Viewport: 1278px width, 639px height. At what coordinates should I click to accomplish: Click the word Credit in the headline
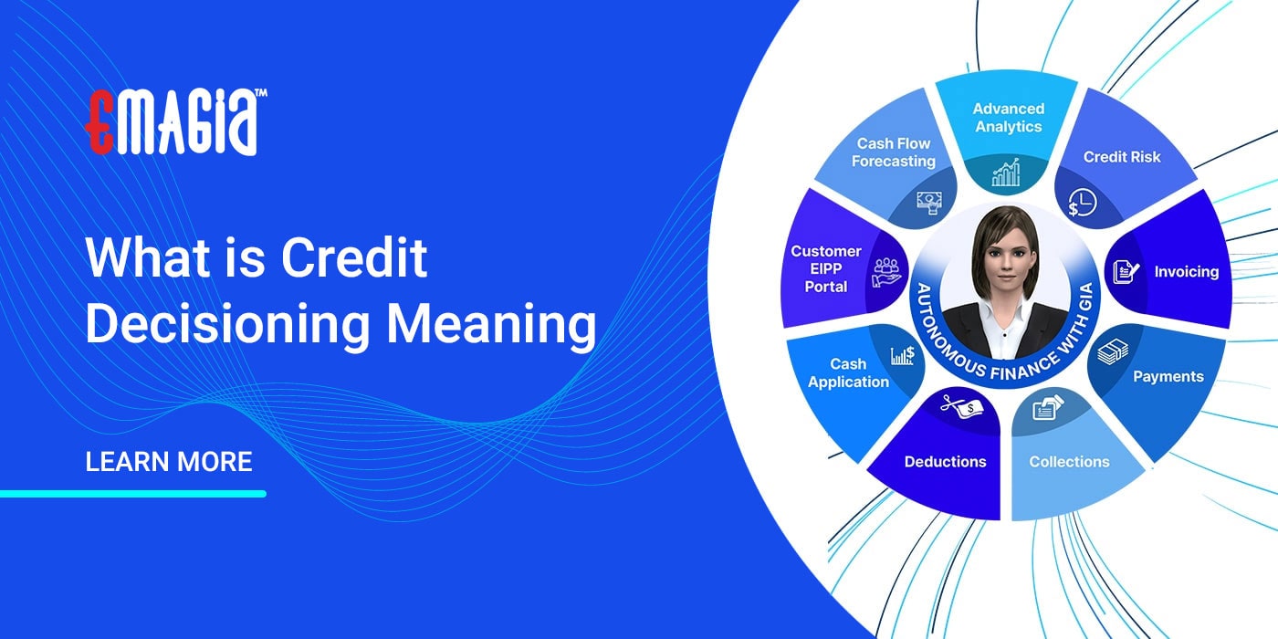point(354,258)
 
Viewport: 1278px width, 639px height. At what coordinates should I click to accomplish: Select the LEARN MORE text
point(169,462)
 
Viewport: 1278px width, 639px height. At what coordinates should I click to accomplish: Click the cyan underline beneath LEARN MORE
point(133,494)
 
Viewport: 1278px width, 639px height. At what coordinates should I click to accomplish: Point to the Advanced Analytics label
point(1008,118)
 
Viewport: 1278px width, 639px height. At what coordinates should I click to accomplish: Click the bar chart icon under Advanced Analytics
point(1006,172)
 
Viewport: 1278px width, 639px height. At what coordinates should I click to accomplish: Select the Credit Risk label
point(1122,157)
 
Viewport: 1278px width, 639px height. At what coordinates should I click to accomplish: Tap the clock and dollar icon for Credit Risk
point(1083,203)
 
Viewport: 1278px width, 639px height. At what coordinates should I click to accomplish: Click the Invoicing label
point(1186,271)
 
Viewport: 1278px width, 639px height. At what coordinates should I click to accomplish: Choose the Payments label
point(1168,376)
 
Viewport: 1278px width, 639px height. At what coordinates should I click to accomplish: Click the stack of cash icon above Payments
point(1113,351)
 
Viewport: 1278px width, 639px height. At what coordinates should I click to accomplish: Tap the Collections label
point(1069,462)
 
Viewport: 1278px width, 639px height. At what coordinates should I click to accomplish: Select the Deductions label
point(945,462)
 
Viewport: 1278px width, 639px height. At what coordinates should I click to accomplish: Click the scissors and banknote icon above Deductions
point(958,408)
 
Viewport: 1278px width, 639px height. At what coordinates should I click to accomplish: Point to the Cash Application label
point(848,373)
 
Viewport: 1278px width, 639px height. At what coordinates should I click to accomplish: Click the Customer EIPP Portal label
point(826,268)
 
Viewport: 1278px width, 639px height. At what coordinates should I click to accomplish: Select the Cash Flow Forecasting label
point(894,152)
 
